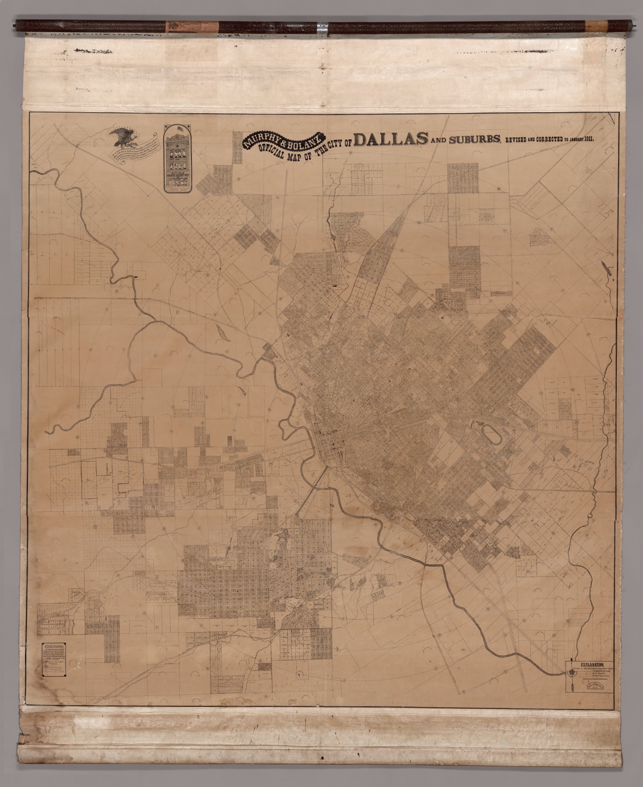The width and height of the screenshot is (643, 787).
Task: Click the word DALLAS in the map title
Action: coord(390,140)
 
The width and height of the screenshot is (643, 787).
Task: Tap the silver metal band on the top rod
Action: coord(322,24)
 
